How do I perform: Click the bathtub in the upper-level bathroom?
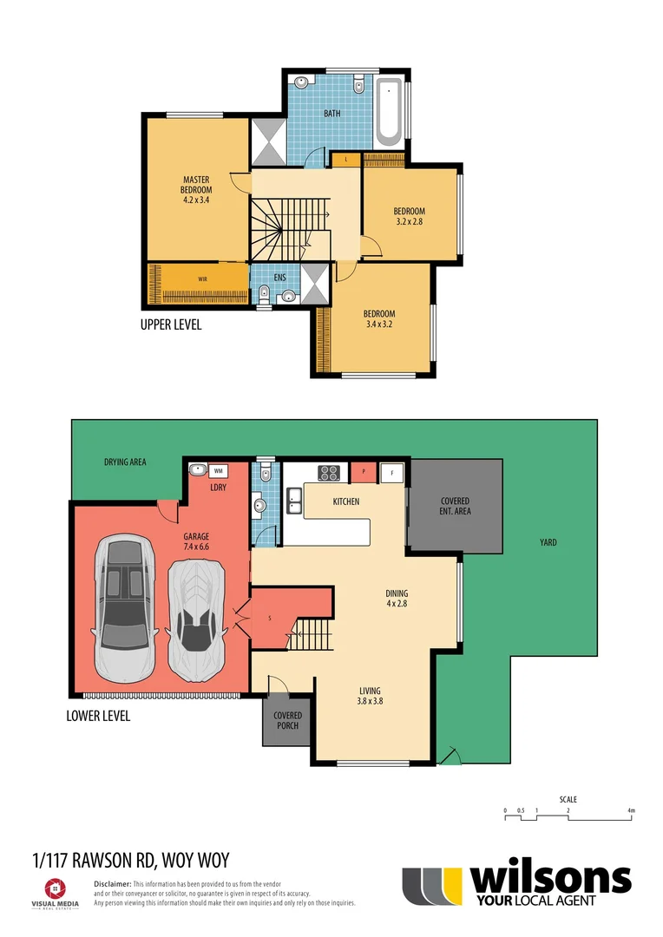(388, 112)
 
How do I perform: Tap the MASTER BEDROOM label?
(196, 189)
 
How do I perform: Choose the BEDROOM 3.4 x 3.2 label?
(379, 319)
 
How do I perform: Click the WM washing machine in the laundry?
(218, 469)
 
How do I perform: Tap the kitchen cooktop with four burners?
(329, 474)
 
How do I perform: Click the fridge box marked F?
(392, 473)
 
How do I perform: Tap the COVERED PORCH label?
(287, 721)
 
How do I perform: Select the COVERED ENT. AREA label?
(455, 507)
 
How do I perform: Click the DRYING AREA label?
(125, 462)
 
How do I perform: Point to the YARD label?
(548, 543)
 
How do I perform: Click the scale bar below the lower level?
(569, 816)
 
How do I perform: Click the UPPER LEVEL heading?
(171, 325)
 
